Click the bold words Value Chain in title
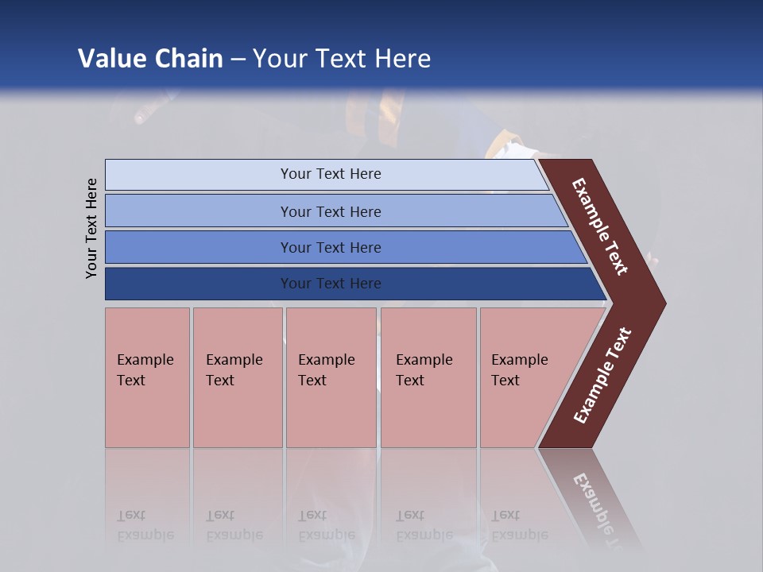[150, 59]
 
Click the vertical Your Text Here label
[91, 228]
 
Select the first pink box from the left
[147, 377]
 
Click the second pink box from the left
[237, 377]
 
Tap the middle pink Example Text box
[331, 377]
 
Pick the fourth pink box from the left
[428, 377]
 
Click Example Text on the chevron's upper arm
[600, 226]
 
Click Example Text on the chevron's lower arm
[602, 376]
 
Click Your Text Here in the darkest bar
[331, 284]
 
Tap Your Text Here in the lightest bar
[331, 174]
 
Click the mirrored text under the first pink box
[145, 525]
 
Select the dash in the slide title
[238, 60]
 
